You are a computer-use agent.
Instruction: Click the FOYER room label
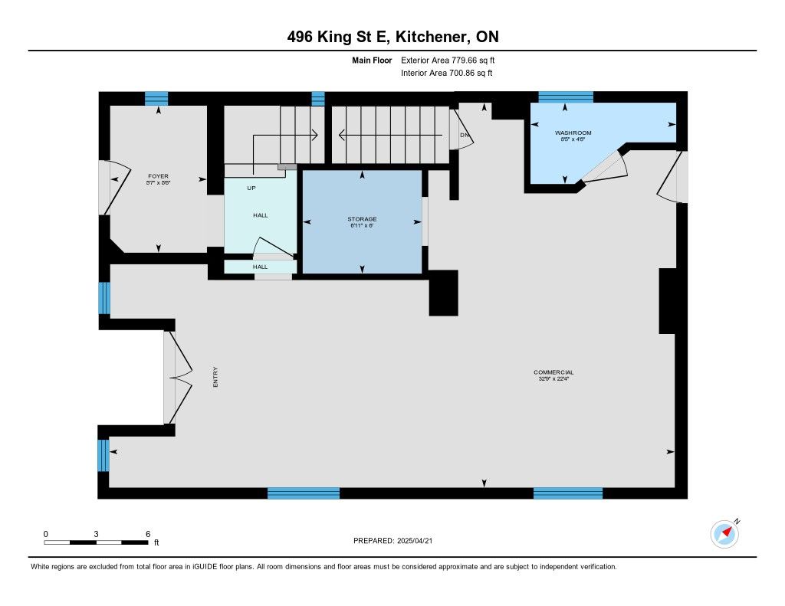click(x=158, y=176)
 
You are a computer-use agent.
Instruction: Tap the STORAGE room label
click(x=362, y=219)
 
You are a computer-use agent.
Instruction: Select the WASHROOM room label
click(x=573, y=133)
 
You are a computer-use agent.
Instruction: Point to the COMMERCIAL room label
click(x=553, y=372)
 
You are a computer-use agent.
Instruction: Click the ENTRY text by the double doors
click(x=215, y=377)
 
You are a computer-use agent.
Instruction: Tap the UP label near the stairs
click(x=251, y=188)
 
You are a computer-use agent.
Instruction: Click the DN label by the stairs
click(x=465, y=135)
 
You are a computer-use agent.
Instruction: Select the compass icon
click(x=724, y=534)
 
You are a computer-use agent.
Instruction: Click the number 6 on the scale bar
click(x=148, y=534)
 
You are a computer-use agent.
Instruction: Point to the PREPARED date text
click(x=393, y=540)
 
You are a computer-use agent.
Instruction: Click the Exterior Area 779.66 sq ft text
click(x=448, y=60)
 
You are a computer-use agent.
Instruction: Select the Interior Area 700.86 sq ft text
click(x=447, y=73)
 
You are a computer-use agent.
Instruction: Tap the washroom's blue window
click(x=566, y=97)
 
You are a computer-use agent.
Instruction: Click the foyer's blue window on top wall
click(x=156, y=99)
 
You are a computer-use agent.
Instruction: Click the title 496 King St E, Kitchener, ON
click(x=393, y=37)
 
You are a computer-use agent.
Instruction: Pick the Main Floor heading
click(x=372, y=60)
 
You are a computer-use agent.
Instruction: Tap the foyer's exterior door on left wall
click(x=114, y=187)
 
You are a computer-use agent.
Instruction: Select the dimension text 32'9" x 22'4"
click(x=553, y=378)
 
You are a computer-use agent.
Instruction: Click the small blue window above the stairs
click(x=318, y=99)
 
